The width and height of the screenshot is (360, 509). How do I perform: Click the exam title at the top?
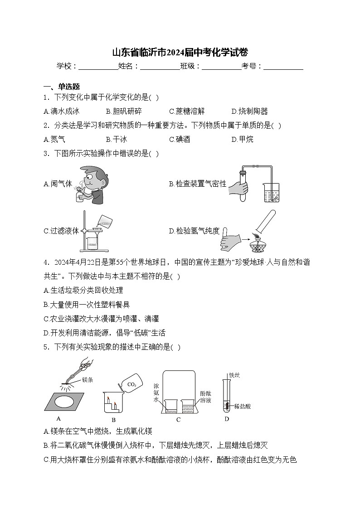click(x=180, y=52)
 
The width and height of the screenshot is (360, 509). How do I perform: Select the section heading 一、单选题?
click(x=62, y=87)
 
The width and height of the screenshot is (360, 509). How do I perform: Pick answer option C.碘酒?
click(x=180, y=140)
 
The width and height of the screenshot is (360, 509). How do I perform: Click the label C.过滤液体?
click(x=61, y=231)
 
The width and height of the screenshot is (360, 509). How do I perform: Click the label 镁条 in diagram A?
click(x=88, y=380)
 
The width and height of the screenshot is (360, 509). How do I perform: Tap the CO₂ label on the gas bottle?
click(x=131, y=385)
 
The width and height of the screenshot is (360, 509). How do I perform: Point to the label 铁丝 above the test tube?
click(x=234, y=375)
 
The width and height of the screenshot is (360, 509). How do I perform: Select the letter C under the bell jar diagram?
click(x=178, y=420)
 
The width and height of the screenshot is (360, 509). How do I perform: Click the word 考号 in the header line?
click(x=252, y=67)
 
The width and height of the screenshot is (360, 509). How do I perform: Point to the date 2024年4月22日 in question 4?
click(x=78, y=262)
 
